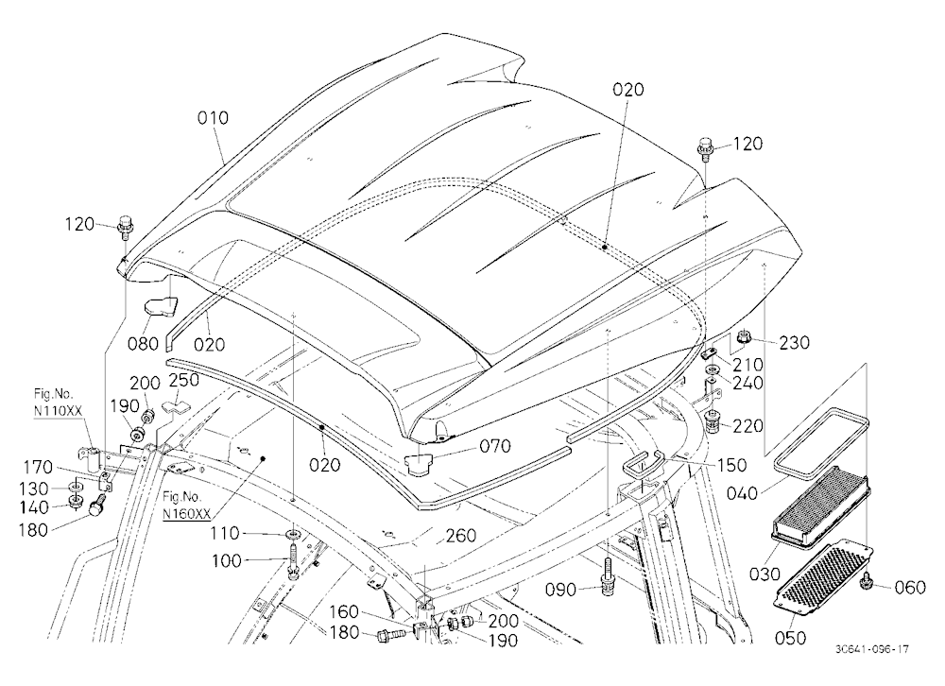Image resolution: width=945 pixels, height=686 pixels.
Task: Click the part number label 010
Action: [x=214, y=117]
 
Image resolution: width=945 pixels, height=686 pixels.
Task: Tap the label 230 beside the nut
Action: [x=795, y=342]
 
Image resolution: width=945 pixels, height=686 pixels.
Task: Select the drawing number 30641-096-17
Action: [x=872, y=649]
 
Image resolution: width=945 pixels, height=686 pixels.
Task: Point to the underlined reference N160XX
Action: [x=187, y=514]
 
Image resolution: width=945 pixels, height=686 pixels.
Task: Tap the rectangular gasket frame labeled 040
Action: [x=821, y=438]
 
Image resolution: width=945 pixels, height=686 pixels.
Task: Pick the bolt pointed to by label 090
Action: [x=608, y=578]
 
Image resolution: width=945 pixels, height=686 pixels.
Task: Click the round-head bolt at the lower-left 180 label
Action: [x=97, y=505]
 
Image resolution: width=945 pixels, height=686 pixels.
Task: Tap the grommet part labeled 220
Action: [x=714, y=419]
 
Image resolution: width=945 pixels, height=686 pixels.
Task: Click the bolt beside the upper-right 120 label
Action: [x=705, y=147]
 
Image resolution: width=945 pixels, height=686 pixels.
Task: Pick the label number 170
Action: [x=38, y=467]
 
